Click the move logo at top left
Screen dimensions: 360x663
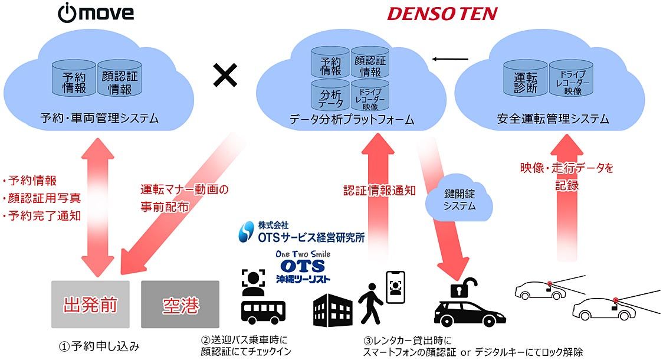pos(96,13)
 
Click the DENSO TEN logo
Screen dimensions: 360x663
pos(442,14)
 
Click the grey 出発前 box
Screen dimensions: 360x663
pos(90,305)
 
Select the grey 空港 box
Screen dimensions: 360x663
pos(180,305)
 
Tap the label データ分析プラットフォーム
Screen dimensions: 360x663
pos(352,120)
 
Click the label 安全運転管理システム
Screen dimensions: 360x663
pos(553,120)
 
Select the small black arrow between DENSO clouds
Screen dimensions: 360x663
pos(450,59)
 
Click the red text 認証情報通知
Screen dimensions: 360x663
pos(380,191)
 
